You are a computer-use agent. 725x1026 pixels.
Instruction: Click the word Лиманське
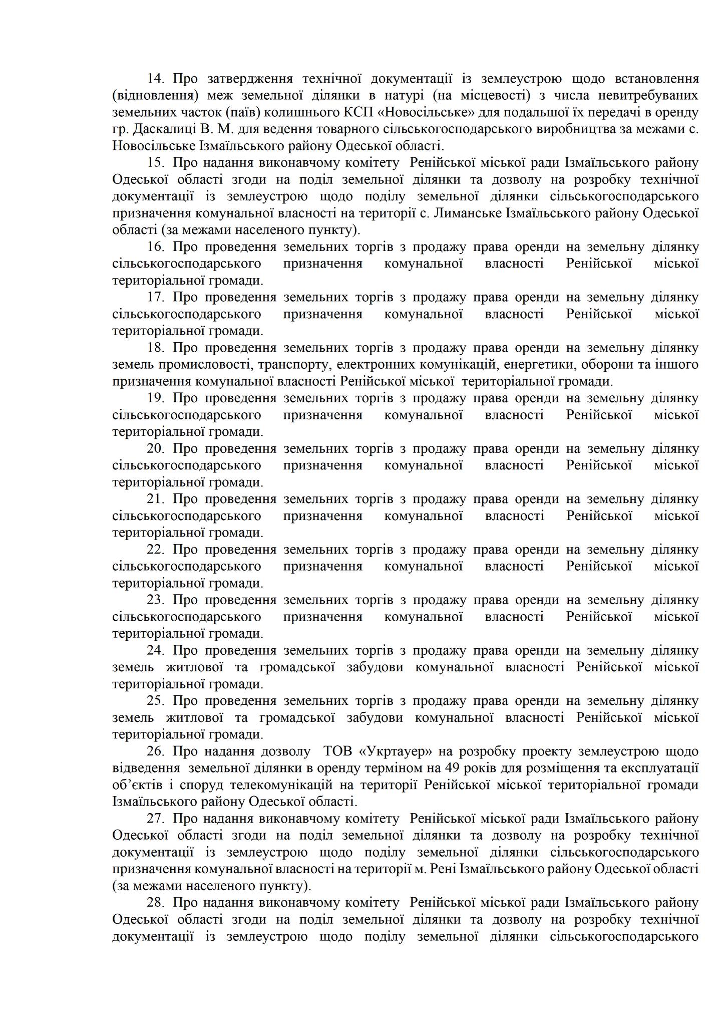click(x=471, y=213)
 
